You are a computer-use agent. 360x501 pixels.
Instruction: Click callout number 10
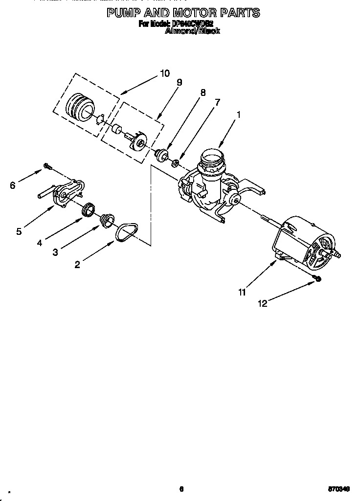[164, 73]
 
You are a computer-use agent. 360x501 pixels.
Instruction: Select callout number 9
[179, 82]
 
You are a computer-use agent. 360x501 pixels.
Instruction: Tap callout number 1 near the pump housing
[238, 115]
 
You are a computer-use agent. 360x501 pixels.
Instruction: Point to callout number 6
[13, 185]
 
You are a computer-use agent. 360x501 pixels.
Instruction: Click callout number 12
[263, 303]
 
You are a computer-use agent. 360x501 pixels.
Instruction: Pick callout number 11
[242, 292]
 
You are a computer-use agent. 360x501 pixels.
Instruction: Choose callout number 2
[77, 265]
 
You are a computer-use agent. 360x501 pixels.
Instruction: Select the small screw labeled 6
[47, 166]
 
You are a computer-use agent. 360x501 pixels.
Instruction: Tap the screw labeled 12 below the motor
[317, 278]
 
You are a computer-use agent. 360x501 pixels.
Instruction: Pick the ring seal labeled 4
[88, 209]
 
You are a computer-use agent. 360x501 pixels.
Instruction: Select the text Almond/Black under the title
[192, 30]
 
